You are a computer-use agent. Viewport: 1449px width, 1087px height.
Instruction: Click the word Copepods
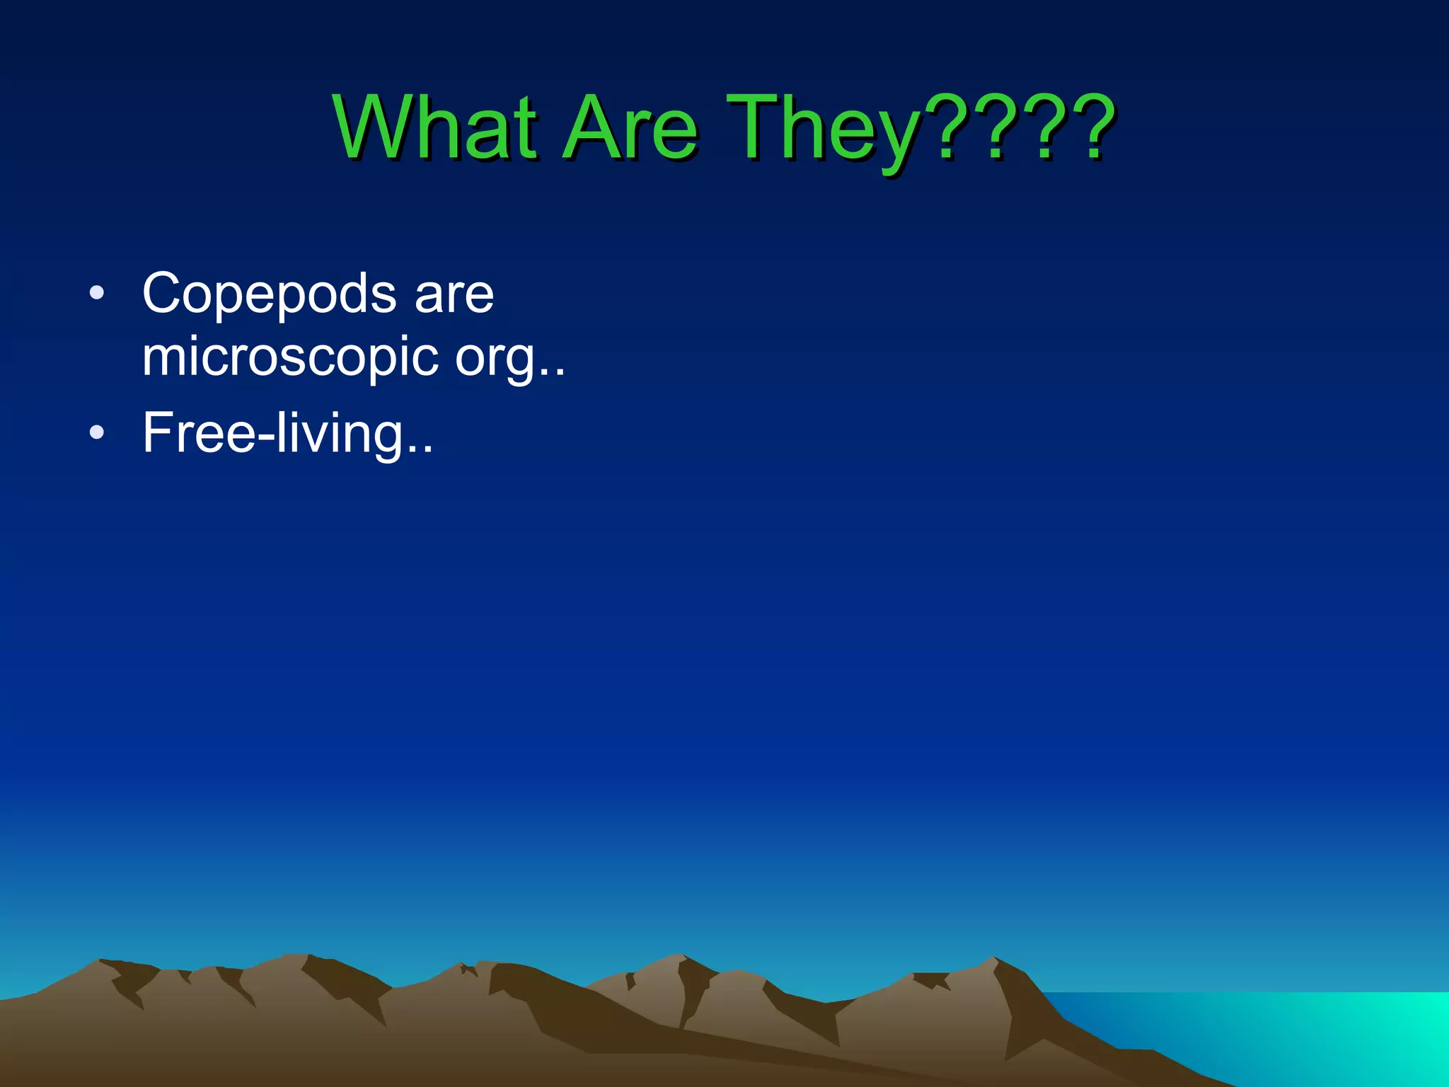click(x=269, y=294)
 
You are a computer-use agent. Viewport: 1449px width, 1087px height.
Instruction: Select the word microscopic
click(x=290, y=358)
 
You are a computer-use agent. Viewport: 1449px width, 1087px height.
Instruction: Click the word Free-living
click(x=273, y=433)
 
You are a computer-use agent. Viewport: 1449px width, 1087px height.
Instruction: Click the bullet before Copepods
click(x=97, y=292)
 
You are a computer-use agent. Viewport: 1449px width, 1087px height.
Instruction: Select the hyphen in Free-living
click(x=265, y=439)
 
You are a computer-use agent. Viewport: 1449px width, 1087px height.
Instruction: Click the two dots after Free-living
click(x=420, y=450)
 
